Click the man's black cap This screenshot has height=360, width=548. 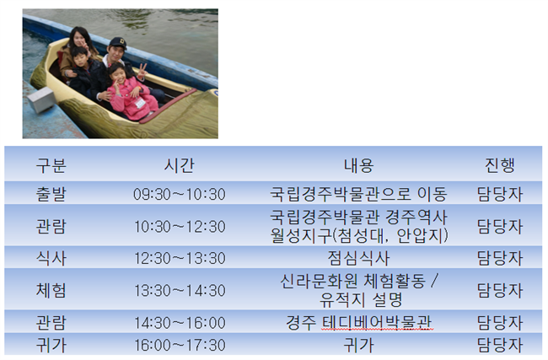tap(117, 42)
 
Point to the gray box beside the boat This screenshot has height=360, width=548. tap(41, 100)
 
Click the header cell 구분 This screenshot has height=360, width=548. tap(51, 165)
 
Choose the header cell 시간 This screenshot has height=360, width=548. tap(179, 165)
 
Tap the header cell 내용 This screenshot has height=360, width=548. tap(358, 165)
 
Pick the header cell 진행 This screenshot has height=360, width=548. tap(499, 165)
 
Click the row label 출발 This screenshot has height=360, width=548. tap(51, 194)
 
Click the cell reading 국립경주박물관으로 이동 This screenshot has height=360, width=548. tap(358, 194)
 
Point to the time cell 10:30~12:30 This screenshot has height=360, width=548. tap(180, 227)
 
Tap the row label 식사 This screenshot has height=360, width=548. tap(51, 258)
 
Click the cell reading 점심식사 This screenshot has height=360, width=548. tap(358, 258)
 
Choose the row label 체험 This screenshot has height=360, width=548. tap(51, 290)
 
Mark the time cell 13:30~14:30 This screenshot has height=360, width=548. tap(180, 291)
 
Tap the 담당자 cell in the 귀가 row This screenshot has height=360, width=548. tap(499, 345)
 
